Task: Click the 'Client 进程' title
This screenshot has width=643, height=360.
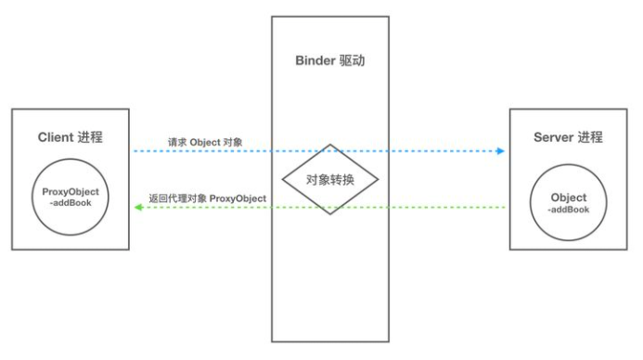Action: [70, 137]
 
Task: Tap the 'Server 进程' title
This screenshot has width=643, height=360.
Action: [568, 137]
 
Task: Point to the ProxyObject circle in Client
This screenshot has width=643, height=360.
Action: [70, 199]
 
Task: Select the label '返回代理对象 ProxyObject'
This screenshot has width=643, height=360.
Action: [207, 198]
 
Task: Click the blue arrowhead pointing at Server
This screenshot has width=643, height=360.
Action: [500, 150]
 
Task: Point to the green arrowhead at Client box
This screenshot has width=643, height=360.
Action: [138, 208]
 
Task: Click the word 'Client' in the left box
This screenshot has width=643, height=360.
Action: [56, 137]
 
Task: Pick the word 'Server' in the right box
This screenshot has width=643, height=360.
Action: [554, 137]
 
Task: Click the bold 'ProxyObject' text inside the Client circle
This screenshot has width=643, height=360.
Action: [71, 192]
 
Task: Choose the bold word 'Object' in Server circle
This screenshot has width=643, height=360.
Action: [568, 198]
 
